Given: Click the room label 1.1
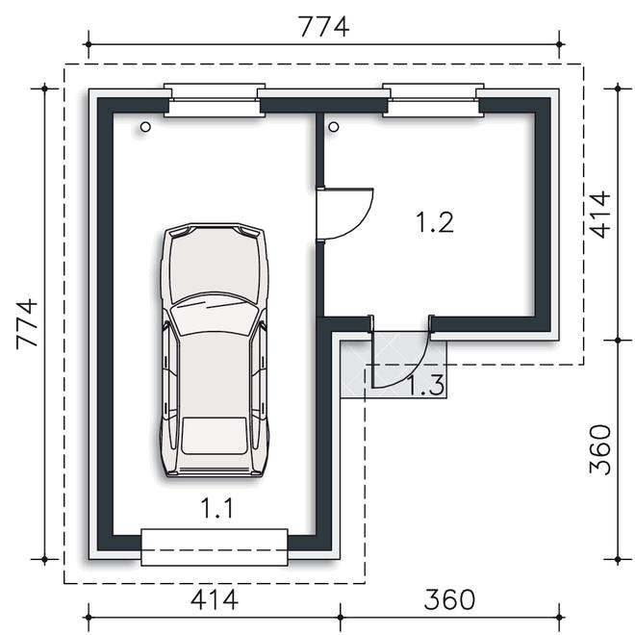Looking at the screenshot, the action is [216, 509].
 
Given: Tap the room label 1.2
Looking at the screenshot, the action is [435, 222].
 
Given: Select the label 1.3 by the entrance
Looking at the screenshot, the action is [425, 385].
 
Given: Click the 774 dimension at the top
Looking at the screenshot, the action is [323, 27].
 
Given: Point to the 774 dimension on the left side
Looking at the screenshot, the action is [27, 324].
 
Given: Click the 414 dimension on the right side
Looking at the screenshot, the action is [599, 215].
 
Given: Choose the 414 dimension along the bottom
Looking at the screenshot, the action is [215, 599].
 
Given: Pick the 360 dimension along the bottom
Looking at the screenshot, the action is [449, 599].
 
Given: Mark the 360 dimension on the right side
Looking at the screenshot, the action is [599, 449].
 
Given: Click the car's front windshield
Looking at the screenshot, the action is [215, 315].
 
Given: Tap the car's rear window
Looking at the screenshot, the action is [215, 436].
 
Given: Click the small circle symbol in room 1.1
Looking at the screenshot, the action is [145, 127].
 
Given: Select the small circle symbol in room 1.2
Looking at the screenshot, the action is [334, 127].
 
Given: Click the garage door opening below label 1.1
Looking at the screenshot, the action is [215, 547].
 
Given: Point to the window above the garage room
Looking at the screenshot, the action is [215, 100].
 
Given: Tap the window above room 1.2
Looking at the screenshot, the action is [433, 100].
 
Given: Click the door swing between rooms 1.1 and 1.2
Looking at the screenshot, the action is [362, 226].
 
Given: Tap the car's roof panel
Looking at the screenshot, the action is [215, 374].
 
